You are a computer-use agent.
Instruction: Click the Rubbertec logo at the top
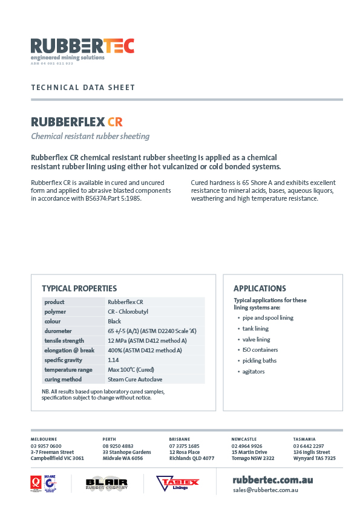[82, 48]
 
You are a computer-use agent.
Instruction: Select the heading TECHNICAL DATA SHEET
[83, 88]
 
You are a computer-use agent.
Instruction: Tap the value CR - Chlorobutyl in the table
[128, 311]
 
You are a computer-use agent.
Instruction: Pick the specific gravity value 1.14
[113, 360]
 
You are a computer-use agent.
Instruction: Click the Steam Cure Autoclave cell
[135, 379]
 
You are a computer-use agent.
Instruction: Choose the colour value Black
[114, 321]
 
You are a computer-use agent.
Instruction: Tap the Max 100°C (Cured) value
[130, 369]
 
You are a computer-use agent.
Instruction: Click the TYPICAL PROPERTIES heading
[79, 288]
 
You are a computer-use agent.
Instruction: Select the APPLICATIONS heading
[260, 288]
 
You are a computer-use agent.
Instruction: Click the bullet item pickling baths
[259, 360]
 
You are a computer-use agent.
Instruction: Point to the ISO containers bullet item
[260, 349]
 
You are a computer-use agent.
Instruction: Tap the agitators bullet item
[254, 371]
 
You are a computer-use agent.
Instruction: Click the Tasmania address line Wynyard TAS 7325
[314, 458]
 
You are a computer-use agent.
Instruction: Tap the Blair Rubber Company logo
[107, 483]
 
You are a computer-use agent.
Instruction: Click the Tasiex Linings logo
[178, 483]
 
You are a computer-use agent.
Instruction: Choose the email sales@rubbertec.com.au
[264, 490]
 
